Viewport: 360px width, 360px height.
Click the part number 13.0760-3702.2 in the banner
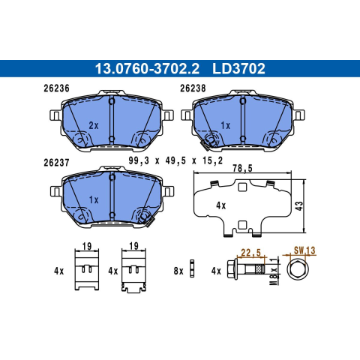[147, 69]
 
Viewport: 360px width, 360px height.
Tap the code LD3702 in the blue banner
[238, 69]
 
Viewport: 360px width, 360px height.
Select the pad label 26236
[56, 88]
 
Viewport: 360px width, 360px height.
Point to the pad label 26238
[193, 88]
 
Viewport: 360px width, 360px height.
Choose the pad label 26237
[56, 163]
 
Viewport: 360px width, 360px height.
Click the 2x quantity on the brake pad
[94, 125]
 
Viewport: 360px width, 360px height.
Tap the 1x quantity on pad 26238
[226, 125]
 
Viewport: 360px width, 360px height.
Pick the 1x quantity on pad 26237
[94, 200]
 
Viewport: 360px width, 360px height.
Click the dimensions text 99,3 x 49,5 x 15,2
[175, 160]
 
